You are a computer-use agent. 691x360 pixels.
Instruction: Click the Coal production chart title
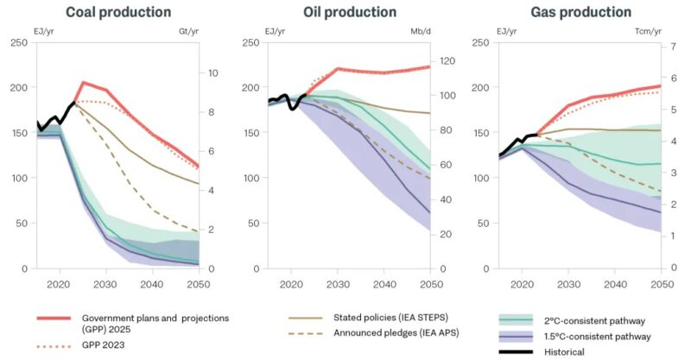point(119,12)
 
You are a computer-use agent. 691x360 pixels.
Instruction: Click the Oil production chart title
point(350,12)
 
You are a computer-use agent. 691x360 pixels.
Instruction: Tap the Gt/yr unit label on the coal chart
point(189,32)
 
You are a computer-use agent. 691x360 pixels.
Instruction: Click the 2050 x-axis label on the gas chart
point(660,283)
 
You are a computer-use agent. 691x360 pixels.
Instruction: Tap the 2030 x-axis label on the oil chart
point(338,283)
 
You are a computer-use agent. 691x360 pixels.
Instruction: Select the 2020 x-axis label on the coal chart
point(60,283)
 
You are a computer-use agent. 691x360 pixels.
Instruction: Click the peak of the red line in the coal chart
point(83,83)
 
